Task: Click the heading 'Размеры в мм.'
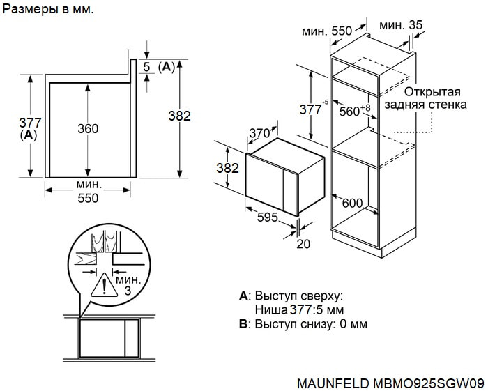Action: pyautogui.click(x=48, y=10)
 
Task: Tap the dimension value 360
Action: pyautogui.click(x=88, y=128)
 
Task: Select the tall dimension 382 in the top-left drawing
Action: pyautogui.click(x=179, y=116)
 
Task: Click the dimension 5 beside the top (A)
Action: pyautogui.click(x=146, y=67)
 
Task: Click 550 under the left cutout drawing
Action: pyautogui.click(x=88, y=199)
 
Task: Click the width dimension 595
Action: pyautogui.click(x=267, y=217)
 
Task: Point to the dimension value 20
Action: pyautogui.click(x=303, y=244)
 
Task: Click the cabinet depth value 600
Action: pyautogui.click(x=353, y=203)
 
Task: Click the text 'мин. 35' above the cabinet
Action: pyautogui.click(x=401, y=26)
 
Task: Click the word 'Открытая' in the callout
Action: pyautogui.click(x=433, y=93)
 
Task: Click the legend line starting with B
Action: pyautogui.click(x=303, y=323)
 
